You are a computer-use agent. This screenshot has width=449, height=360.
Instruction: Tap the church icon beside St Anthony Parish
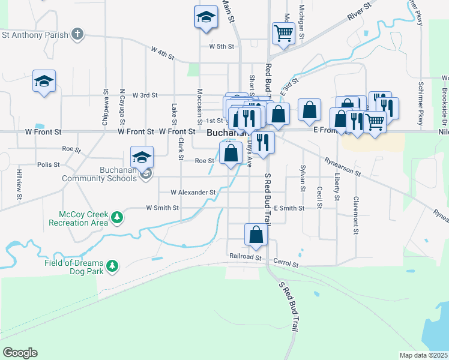click(77, 34)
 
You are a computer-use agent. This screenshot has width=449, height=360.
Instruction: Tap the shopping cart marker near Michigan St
click(283, 33)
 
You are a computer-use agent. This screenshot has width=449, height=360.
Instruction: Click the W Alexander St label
click(193, 193)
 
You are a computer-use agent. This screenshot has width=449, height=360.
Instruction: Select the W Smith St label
click(163, 208)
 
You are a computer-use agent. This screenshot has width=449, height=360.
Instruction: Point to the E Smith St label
click(289, 208)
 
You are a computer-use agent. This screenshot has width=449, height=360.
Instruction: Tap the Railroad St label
click(246, 256)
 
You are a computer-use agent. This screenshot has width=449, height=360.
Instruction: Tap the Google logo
click(20, 353)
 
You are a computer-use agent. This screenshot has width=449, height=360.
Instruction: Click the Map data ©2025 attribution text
click(423, 355)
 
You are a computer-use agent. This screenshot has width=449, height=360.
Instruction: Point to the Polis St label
click(48, 164)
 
